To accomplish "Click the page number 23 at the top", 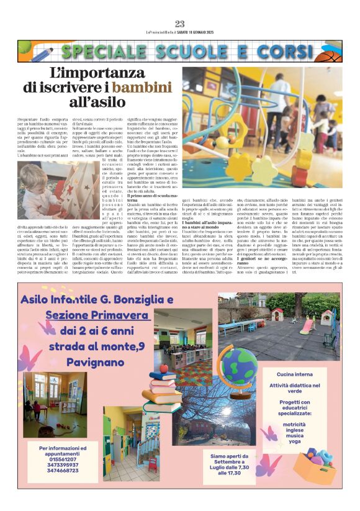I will point(180,24).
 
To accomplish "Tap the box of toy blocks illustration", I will point(312,466).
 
